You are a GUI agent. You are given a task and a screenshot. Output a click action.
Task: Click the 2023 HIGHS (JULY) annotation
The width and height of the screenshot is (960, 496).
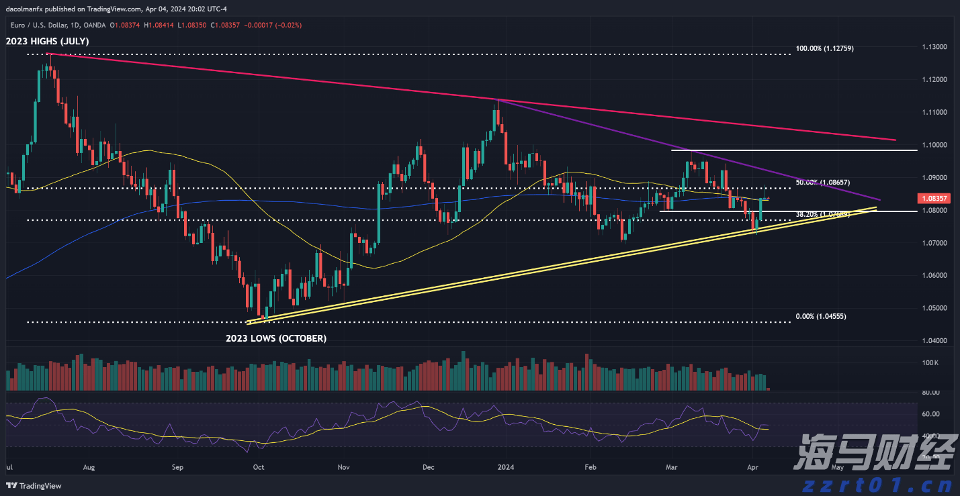pyautogui.click(x=48, y=42)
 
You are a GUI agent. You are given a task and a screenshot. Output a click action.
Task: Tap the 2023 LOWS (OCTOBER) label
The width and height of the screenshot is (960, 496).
pyautogui.click(x=276, y=338)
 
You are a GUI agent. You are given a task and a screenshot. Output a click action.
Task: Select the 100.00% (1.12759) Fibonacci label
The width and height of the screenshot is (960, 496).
pyautogui.click(x=824, y=49)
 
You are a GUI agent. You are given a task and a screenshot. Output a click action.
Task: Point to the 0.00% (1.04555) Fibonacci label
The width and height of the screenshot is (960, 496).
pyautogui.click(x=820, y=316)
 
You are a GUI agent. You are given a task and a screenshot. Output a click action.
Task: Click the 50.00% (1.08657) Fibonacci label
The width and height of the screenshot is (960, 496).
pyautogui.click(x=823, y=183)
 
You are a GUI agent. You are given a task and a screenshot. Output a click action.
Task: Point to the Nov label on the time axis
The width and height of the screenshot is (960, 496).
pyautogui.click(x=345, y=466)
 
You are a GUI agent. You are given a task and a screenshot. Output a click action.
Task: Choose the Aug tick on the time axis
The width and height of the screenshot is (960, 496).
pyautogui.click(x=89, y=466)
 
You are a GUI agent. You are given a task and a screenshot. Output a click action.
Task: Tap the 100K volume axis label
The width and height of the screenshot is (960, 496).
pyautogui.click(x=930, y=363)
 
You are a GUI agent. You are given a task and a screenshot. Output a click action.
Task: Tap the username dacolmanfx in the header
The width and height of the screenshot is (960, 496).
pyautogui.click(x=27, y=9)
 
